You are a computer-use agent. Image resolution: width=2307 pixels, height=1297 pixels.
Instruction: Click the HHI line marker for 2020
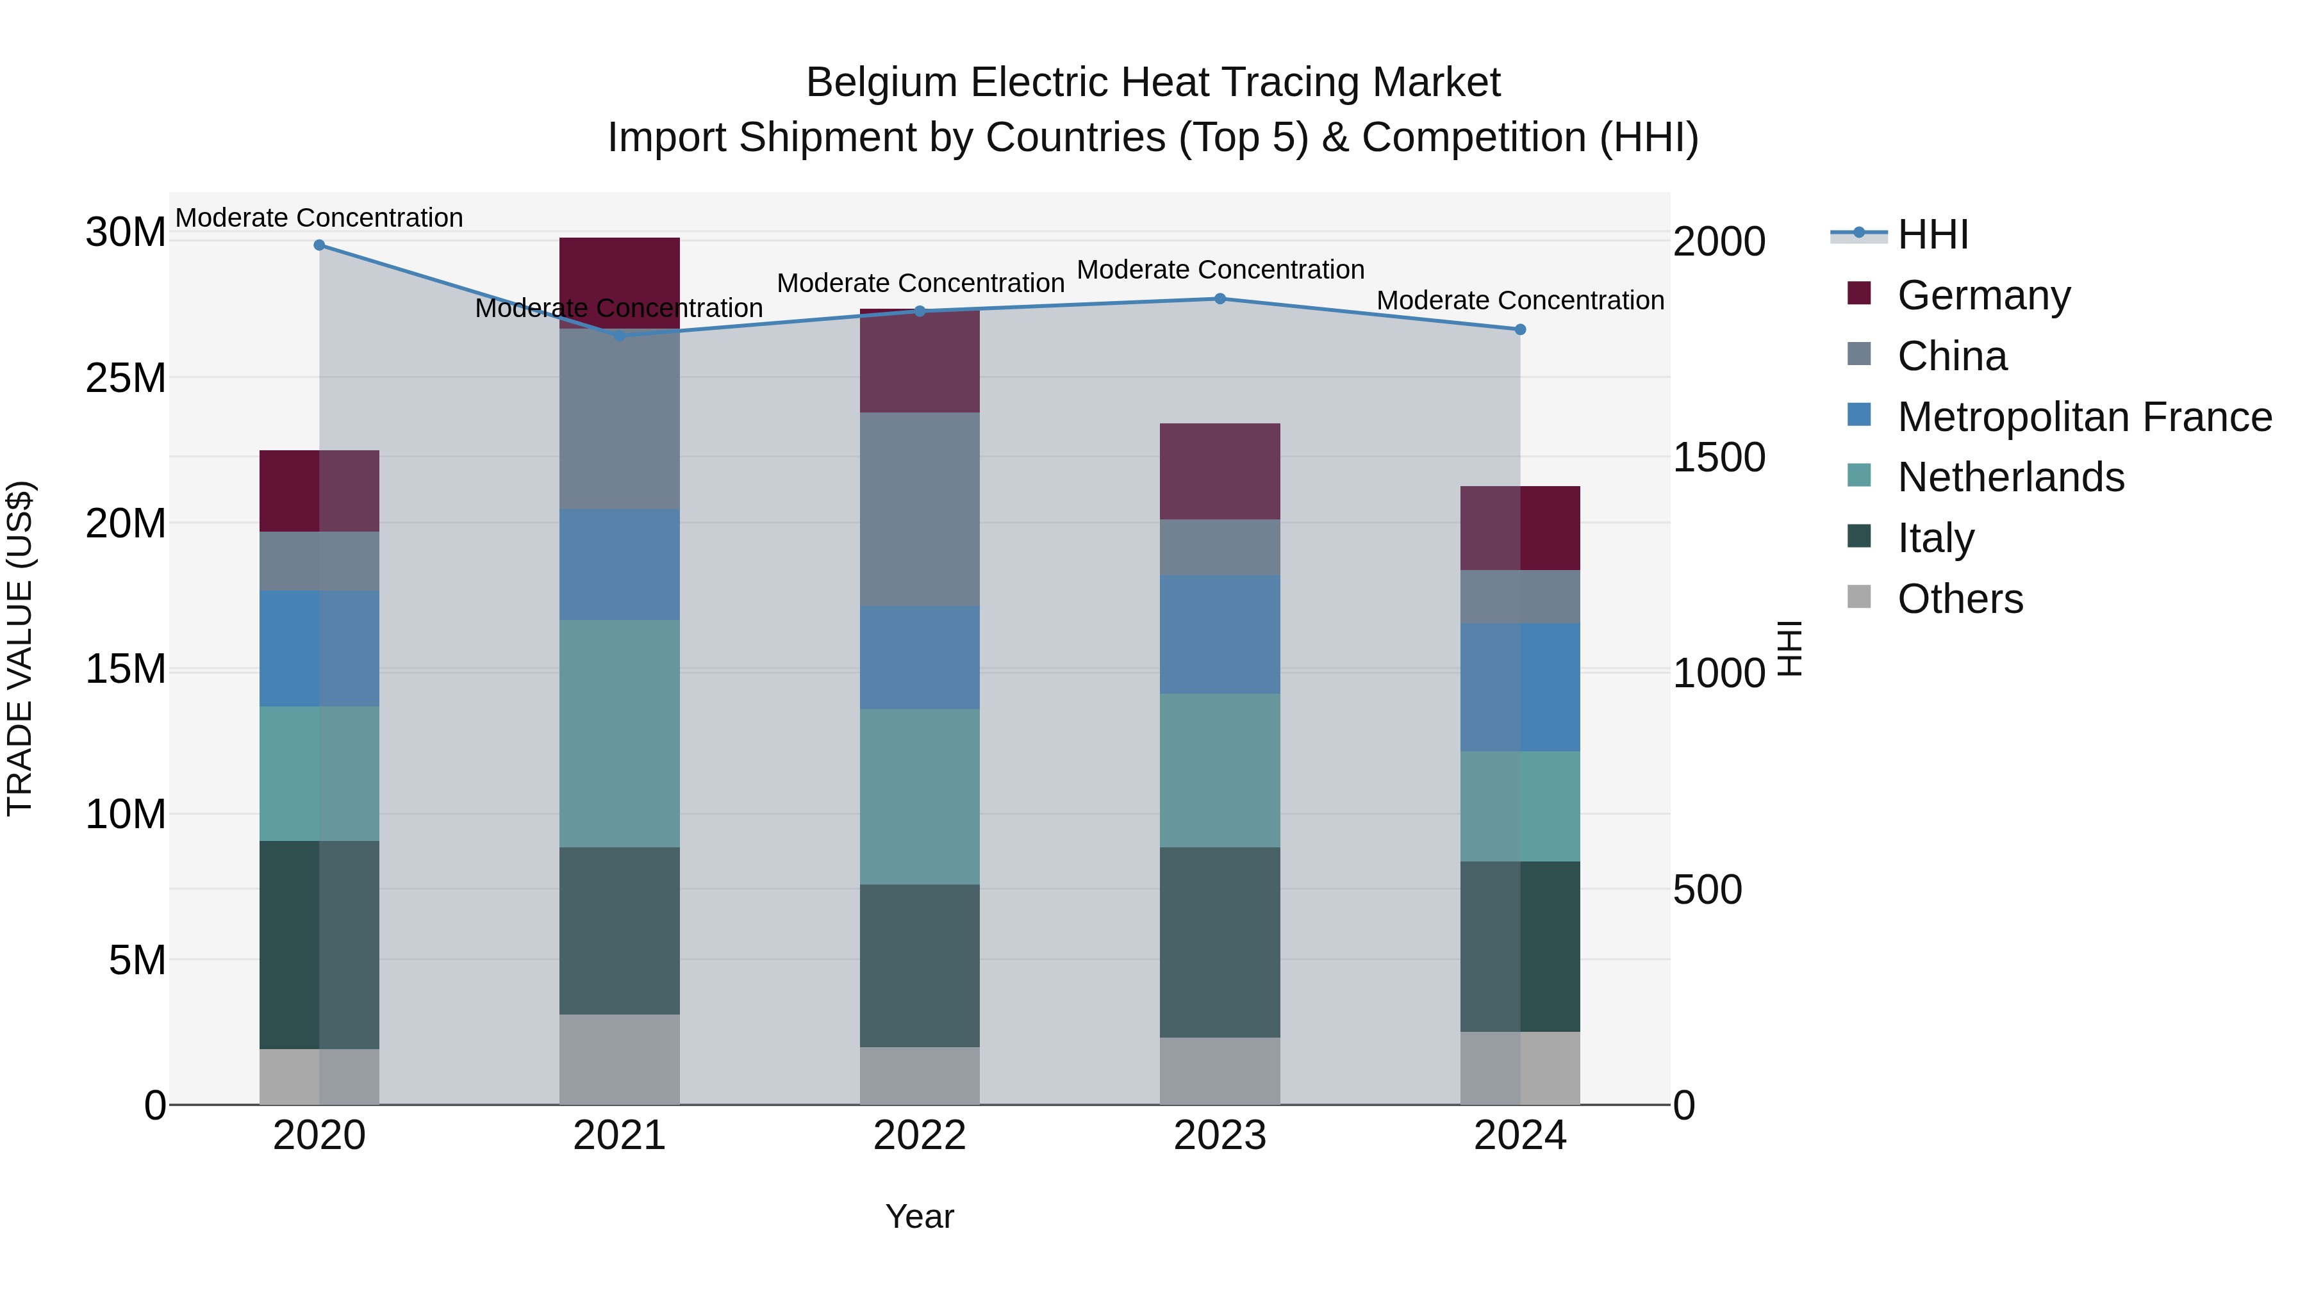click(319, 245)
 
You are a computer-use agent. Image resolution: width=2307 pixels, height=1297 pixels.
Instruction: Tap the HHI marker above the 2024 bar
click(1520, 329)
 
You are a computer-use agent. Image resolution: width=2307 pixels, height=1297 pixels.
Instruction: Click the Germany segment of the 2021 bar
click(620, 268)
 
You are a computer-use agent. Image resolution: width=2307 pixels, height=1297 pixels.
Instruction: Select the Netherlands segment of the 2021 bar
click(620, 734)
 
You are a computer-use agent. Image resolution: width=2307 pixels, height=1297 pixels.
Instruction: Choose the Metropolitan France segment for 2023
click(1220, 633)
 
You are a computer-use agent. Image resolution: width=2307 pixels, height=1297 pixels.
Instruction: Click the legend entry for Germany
click(1983, 295)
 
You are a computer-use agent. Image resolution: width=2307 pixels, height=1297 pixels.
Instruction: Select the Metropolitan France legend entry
click(2083, 417)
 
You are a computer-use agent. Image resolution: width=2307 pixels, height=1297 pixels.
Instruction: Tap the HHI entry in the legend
click(1933, 234)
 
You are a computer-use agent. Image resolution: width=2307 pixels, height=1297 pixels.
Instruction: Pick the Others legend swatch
click(1859, 597)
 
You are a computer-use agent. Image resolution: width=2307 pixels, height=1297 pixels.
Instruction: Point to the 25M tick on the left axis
click(126, 379)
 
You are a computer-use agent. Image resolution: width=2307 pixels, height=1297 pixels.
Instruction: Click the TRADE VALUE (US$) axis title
click(20, 648)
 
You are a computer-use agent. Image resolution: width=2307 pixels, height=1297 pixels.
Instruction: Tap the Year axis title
click(920, 1216)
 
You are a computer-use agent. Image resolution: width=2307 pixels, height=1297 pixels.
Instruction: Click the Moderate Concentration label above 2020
click(319, 218)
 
